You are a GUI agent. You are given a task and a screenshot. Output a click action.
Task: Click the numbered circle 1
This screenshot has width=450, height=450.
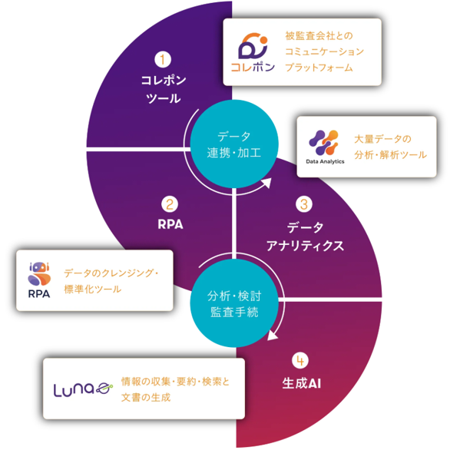(163, 59)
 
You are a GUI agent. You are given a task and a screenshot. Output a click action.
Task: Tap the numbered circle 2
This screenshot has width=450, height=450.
(170, 204)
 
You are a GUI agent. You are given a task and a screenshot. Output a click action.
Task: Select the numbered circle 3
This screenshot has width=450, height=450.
(304, 204)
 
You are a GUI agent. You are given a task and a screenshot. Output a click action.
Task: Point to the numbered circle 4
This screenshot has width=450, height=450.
(300, 360)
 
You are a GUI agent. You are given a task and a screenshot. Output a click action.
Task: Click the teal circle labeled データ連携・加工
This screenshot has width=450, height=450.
(234, 144)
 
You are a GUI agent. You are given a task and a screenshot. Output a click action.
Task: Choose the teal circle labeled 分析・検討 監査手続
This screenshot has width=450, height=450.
(234, 303)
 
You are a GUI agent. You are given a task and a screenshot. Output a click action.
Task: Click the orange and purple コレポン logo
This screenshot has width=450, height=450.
(253, 52)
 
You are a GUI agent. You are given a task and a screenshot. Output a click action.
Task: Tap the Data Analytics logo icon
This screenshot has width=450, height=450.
(324, 143)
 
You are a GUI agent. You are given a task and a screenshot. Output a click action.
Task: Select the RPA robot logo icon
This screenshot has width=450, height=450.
(39, 274)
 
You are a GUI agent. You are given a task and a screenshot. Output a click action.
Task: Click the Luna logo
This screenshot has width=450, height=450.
(83, 390)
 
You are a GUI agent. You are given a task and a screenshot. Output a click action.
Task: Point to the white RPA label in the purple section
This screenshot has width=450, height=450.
(170, 224)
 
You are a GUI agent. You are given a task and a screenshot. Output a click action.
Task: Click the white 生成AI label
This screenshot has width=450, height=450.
(301, 383)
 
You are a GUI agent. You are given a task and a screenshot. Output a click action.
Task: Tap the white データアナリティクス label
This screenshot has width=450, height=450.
(305, 237)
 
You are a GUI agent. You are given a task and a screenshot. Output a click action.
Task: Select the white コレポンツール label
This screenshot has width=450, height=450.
(164, 89)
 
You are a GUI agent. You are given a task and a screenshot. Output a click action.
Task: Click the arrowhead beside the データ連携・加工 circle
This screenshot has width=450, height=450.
(266, 183)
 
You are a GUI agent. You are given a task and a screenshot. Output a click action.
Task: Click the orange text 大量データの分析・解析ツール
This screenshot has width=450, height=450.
(390, 147)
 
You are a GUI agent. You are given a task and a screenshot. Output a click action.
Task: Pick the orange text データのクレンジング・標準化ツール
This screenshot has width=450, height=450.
(111, 281)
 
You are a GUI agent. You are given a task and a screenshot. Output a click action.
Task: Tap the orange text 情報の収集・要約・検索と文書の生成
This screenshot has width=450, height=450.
(175, 389)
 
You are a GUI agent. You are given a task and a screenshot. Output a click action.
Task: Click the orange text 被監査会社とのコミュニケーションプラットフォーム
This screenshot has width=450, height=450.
(324, 51)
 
